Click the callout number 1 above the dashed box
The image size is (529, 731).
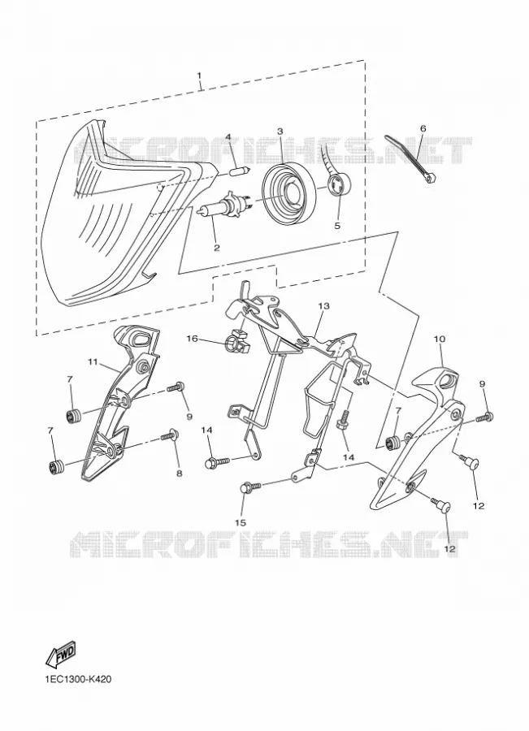click(199, 76)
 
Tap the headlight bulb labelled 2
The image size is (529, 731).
click(225, 205)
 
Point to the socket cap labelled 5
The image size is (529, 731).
click(339, 185)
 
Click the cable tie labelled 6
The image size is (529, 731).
click(410, 158)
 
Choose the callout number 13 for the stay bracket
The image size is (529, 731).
click(323, 306)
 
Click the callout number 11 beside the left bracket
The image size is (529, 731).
click(92, 361)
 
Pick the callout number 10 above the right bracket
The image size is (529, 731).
click(439, 339)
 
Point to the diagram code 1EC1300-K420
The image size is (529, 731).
click(78, 679)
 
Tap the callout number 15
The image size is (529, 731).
click(241, 522)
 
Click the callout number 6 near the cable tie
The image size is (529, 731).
click(423, 128)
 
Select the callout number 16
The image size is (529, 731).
click(193, 338)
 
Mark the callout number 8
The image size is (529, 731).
click(179, 473)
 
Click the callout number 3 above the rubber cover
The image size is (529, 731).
click(280, 132)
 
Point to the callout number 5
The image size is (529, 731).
click(336, 225)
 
